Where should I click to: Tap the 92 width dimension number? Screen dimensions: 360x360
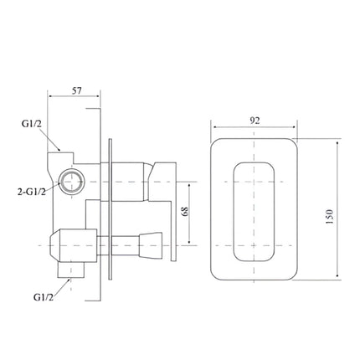click(255, 120)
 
